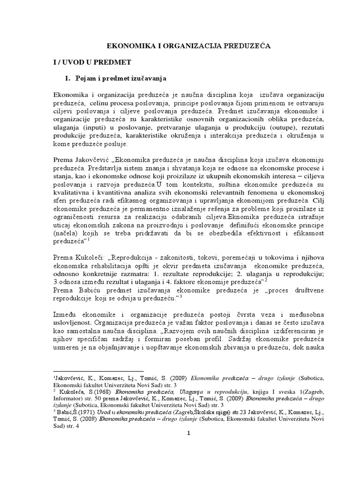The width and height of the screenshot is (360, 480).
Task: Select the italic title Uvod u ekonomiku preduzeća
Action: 125,411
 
